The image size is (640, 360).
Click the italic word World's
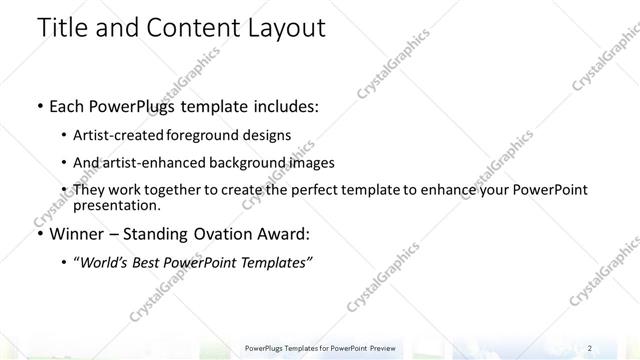(x=106, y=262)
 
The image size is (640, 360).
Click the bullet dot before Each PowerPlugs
(x=38, y=104)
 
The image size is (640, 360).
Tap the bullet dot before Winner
(x=38, y=235)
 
